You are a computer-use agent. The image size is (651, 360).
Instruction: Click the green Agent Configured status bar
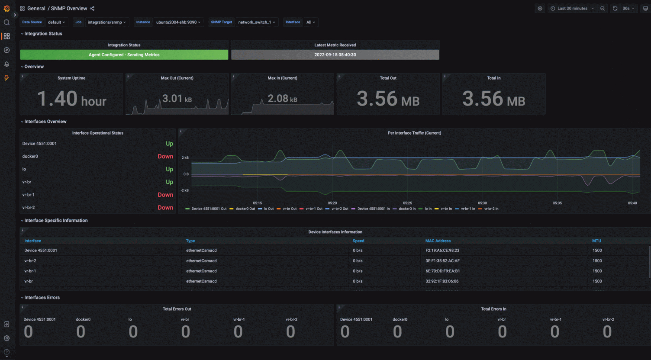[124, 55]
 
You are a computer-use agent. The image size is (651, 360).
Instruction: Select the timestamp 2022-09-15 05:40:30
[335, 55]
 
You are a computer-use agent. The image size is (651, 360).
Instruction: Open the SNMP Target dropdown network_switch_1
[256, 22]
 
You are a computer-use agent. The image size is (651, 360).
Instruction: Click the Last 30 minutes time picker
[572, 8]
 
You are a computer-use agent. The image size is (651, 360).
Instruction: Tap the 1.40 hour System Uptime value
[71, 99]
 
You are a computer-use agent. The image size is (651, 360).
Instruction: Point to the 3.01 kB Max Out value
[177, 99]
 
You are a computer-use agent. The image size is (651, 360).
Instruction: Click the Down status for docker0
[165, 157]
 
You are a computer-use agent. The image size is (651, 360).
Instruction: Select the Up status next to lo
[169, 169]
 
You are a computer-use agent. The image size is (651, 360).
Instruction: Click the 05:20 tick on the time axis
[332, 203]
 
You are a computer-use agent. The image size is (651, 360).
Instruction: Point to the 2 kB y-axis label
[185, 158]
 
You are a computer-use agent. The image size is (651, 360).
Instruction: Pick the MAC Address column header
[438, 241]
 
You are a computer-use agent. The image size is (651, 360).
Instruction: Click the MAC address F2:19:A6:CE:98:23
[442, 251]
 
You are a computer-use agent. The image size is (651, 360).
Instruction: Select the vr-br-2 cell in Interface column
[30, 261]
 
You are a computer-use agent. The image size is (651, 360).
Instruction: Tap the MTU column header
[596, 241]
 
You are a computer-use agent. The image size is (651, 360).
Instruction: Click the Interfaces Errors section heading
[42, 298]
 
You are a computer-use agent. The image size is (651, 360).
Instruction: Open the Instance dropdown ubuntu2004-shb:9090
[178, 22]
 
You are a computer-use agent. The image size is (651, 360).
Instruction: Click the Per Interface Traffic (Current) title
[414, 133]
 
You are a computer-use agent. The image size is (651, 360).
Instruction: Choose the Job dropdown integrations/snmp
[106, 22]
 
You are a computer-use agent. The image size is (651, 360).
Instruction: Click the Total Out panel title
[388, 78]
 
